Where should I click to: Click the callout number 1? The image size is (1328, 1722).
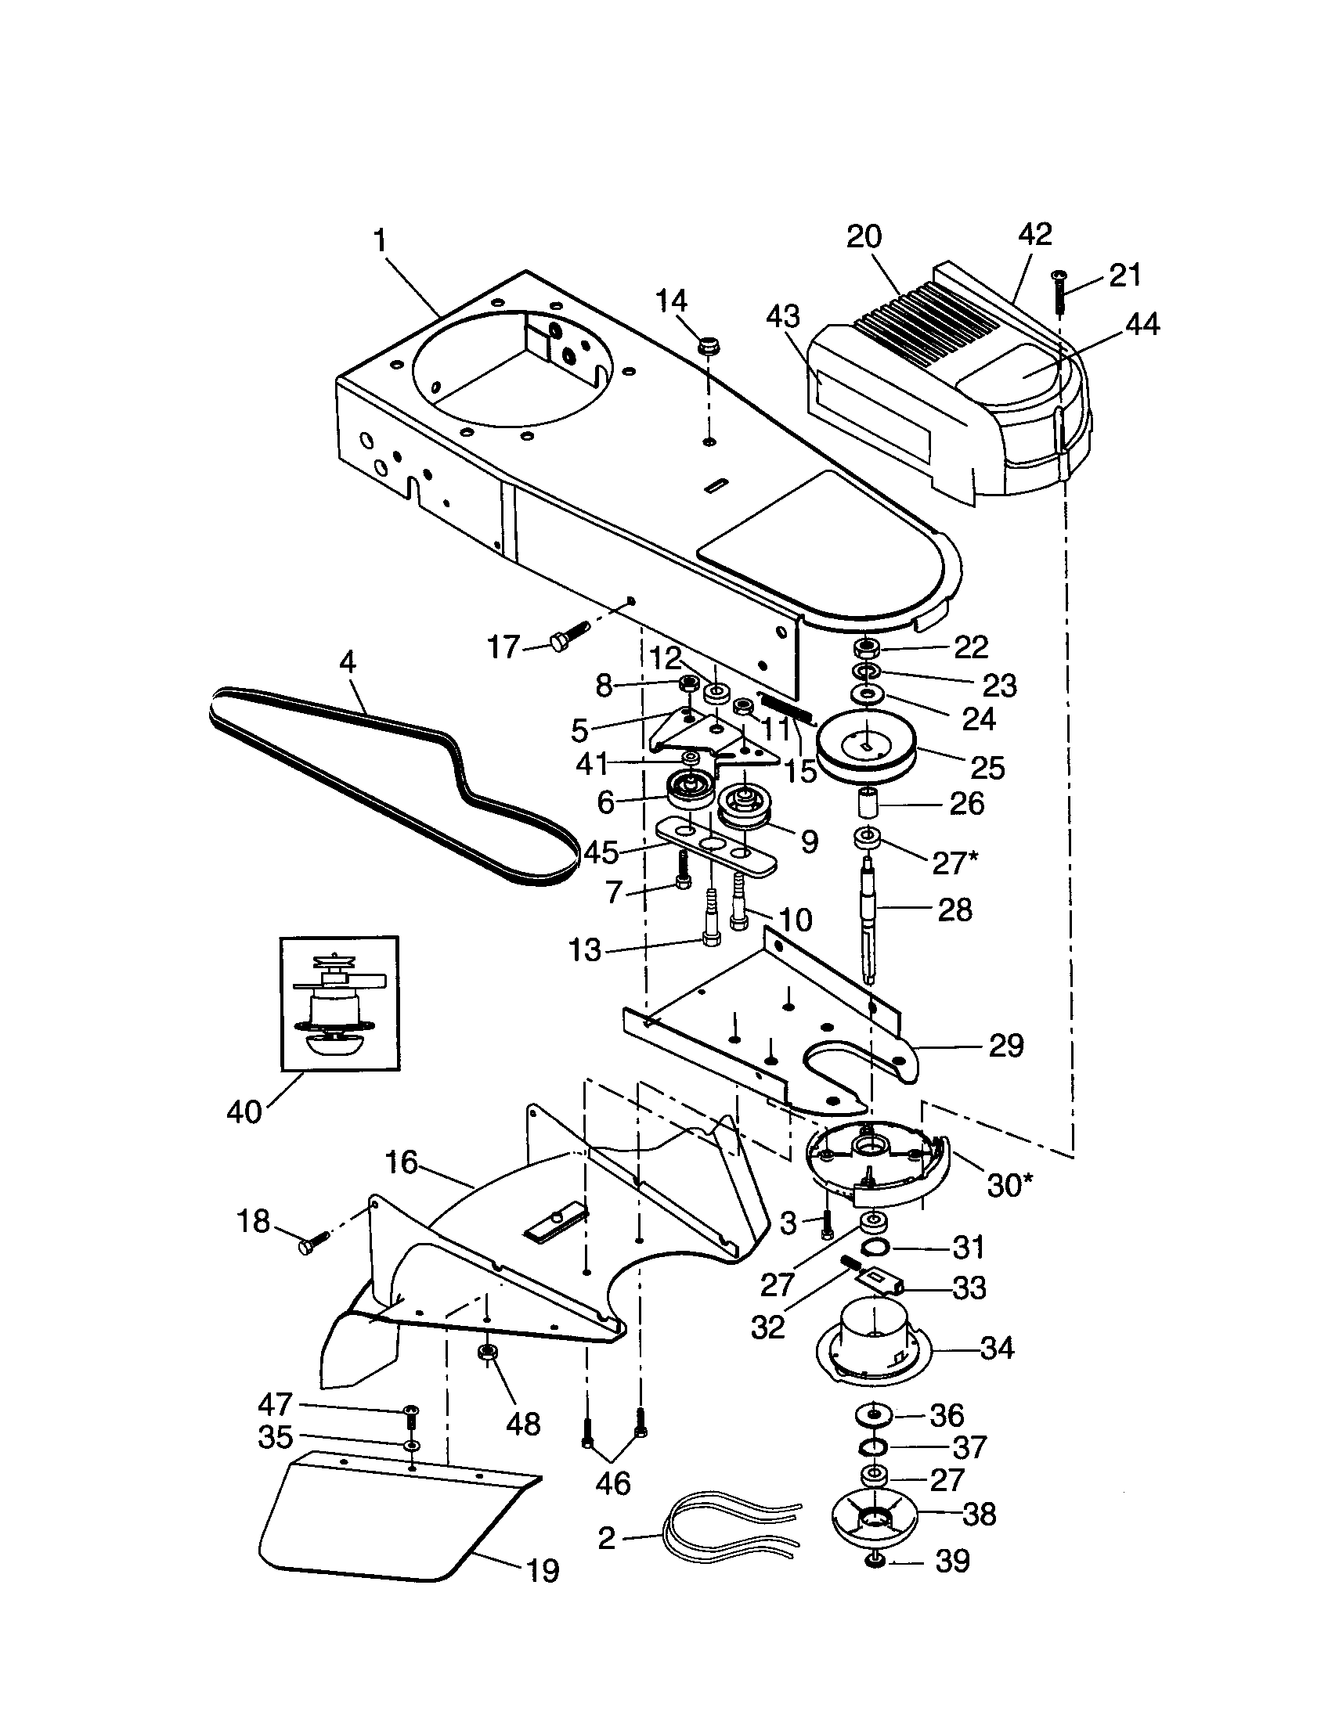[x=380, y=241]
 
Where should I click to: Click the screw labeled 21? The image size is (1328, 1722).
[x=1059, y=291]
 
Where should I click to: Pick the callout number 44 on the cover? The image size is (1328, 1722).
[x=1142, y=324]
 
